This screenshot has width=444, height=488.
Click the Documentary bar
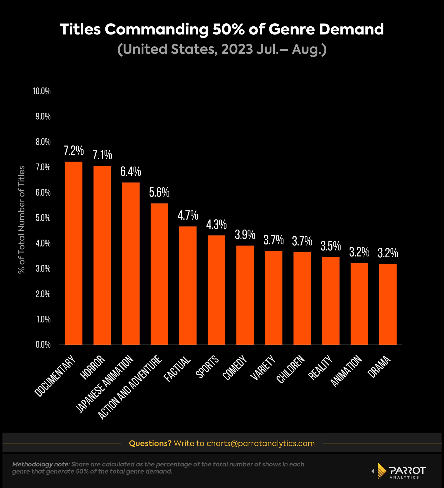pos(74,253)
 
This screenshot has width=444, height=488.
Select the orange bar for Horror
pos(102,255)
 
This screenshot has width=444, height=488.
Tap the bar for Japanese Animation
pos(131,263)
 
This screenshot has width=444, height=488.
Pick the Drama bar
pos(388,304)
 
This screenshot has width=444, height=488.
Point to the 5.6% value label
pos(159,192)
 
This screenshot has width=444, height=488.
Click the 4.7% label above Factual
pos(188,215)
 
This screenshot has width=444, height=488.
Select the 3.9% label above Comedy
pos(245,235)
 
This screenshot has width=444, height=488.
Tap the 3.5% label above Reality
pos(331,246)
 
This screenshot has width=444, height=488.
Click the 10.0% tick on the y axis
pos(42,91)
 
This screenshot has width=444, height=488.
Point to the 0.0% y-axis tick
pos(43,345)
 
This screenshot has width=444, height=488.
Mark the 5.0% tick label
pos(43,218)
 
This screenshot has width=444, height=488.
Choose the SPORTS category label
pos(207,368)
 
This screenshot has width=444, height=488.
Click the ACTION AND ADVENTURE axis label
pos(130,387)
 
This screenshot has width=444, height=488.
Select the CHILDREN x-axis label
pos(291,369)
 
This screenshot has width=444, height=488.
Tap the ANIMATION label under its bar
pos(347,371)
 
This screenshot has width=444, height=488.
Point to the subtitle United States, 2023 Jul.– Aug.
pos(222,49)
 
